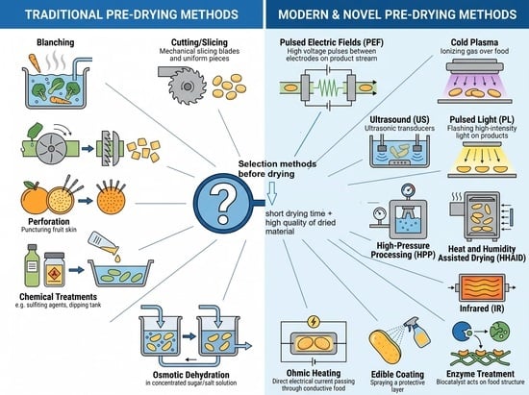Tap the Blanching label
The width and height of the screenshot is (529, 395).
coord(56,42)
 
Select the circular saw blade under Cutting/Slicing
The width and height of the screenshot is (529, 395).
coord(188,86)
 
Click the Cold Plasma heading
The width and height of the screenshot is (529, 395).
coord(474,42)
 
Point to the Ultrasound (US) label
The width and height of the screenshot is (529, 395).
coord(399,119)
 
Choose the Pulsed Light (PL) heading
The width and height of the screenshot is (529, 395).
coord(482,119)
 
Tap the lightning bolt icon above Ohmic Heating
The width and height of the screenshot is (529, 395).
coord(314,321)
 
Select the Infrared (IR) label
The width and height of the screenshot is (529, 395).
coord(482,309)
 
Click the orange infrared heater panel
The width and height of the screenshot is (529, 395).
coord(482,287)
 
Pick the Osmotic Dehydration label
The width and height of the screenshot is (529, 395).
coord(191,375)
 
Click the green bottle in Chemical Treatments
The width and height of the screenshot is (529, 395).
coord(32,265)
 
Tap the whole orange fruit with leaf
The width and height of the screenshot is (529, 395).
coord(34,198)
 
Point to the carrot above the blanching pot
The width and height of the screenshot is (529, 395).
coord(35,62)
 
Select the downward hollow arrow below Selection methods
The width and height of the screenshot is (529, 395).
coord(271,193)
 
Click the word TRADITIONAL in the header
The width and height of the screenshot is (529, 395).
coord(63,14)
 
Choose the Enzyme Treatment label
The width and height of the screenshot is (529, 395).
coord(480,374)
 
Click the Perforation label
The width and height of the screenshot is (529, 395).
coord(49,221)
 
